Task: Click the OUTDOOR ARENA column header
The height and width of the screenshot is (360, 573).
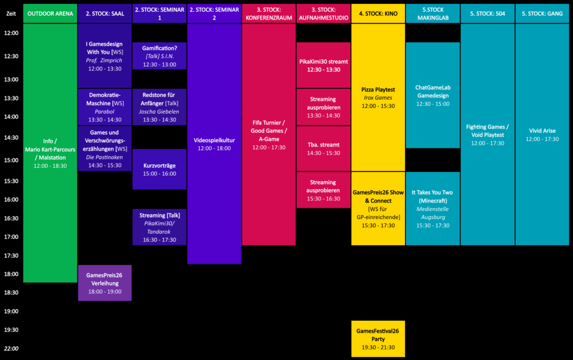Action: coord(50,13)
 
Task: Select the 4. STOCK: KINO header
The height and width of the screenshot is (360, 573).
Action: coord(378,13)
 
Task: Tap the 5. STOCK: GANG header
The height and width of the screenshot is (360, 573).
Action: coord(542,13)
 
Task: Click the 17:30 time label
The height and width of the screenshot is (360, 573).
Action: coord(11,255)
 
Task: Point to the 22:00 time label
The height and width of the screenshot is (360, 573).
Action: coord(11,349)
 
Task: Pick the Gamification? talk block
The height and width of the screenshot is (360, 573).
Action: coord(159,56)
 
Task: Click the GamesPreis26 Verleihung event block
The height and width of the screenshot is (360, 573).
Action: coord(105,283)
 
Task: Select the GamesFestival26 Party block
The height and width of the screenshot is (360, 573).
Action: coord(378,339)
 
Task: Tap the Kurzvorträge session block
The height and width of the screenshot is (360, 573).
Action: coord(159,169)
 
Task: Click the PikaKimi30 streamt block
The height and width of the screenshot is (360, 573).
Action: coord(323,65)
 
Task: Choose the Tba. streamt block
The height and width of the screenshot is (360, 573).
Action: coord(323,149)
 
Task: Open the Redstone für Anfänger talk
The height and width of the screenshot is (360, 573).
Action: coord(159,107)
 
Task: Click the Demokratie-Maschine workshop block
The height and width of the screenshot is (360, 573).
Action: coord(105,107)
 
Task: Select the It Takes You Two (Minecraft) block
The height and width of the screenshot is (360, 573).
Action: coord(433,209)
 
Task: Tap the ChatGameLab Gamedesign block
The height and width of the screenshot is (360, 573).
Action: coord(433,95)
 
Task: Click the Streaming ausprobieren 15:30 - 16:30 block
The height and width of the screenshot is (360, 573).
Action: coord(323,190)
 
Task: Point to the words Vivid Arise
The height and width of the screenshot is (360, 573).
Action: coord(542,130)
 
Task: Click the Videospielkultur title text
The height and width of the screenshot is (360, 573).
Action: coord(214,141)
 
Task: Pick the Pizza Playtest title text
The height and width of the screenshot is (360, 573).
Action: coord(378,90)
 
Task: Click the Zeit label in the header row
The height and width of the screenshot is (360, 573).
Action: coord(11,13)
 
